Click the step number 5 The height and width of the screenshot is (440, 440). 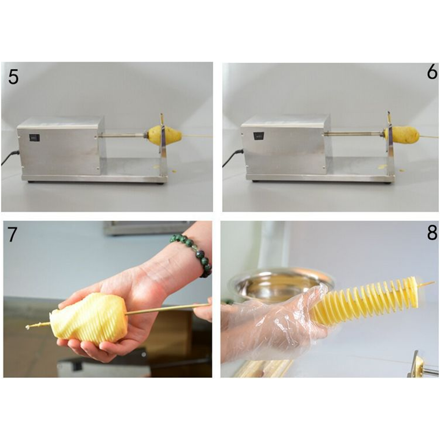pos(13,76)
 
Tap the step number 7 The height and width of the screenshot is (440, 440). pos(12,235)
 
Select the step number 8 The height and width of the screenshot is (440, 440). pos(432,233)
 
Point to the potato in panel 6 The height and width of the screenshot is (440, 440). pos(402,135)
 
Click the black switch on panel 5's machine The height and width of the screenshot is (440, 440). pos(35,137)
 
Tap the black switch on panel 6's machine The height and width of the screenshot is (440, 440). pos(258,136)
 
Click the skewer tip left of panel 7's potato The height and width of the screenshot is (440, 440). pos(28,327)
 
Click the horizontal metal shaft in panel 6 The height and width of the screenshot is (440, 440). pos(354,134)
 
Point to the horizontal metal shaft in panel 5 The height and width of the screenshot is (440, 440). pos(121,136)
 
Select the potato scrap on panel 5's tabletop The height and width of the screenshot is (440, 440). pos(174,170)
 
